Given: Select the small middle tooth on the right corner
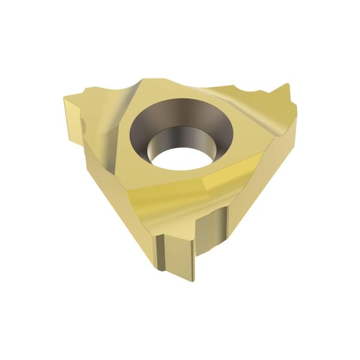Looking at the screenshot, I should [265, 97].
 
